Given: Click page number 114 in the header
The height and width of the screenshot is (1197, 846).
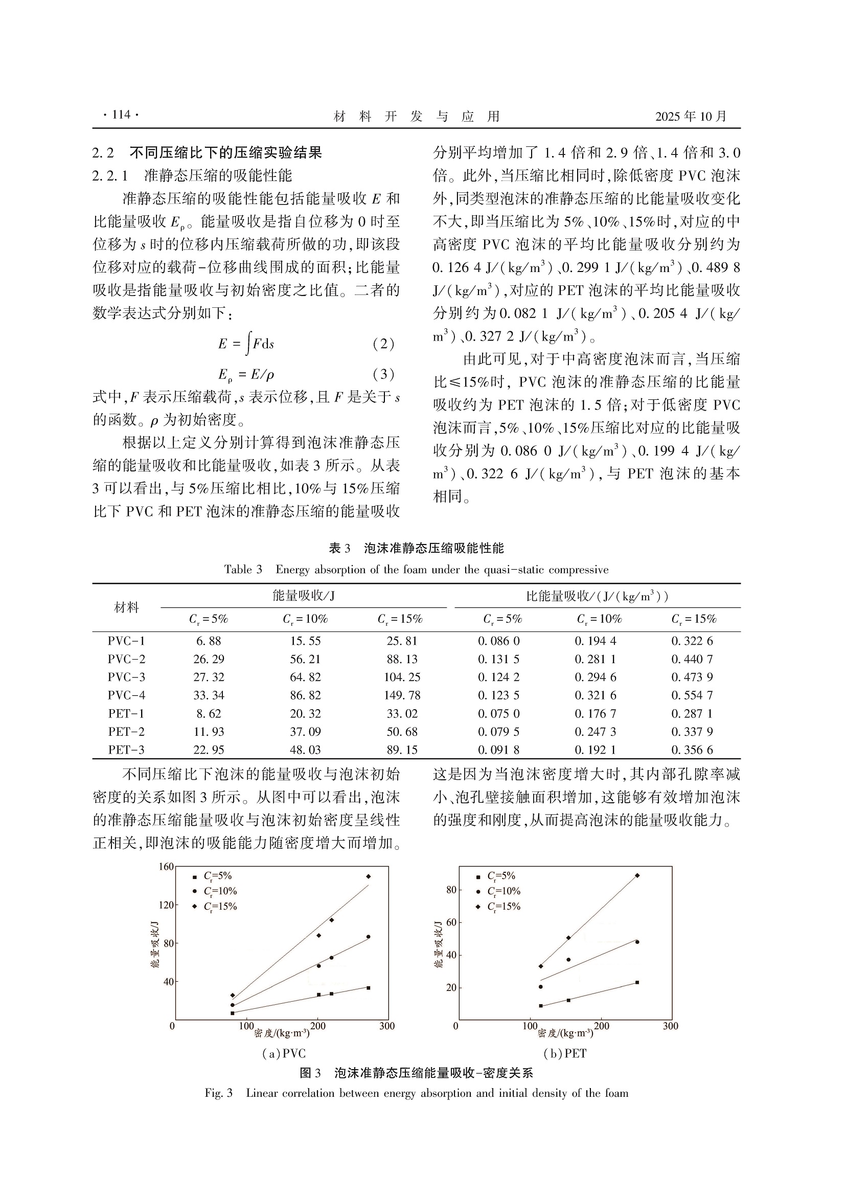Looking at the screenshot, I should [x=122, y=115].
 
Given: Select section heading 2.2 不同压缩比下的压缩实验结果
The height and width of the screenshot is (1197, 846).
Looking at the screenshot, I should [x=207, y=153].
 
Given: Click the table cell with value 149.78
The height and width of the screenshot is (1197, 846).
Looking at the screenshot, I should [x=402, y=695].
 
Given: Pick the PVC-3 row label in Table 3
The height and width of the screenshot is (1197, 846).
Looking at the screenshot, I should [x=126, y=677].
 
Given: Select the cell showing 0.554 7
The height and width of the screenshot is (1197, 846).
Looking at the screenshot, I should [x=692, y=695].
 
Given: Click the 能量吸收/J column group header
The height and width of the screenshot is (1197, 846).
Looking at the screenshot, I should [x=303, y=596].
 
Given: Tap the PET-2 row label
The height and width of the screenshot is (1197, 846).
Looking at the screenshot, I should [x=126, y=732].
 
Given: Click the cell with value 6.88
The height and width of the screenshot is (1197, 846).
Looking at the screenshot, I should [x=209, y=641].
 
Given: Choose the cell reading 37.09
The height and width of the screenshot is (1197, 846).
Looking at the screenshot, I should [x=306, y=732].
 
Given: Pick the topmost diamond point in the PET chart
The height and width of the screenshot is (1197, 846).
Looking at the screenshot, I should [x=637, y=875].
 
